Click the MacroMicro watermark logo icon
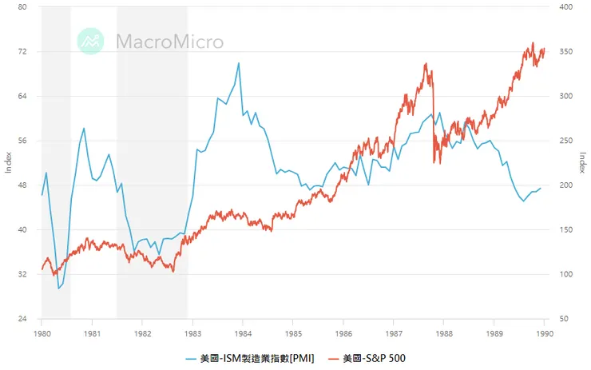(x=91, y=41)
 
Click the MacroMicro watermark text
(x=169, y=42)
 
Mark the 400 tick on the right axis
(x=565, y=7)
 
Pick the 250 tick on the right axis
(x=565, y=141)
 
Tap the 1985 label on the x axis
(x=293, y=333)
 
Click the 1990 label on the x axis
(x=544, y=333)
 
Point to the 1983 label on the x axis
(x=192, y=333)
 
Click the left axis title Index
(x=10, y=163)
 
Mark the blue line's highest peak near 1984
(x=239, y=63)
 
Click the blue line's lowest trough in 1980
(x=58, y=288)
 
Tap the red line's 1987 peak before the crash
(x=426, y=64)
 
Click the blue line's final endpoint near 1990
(x=541, y=189)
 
